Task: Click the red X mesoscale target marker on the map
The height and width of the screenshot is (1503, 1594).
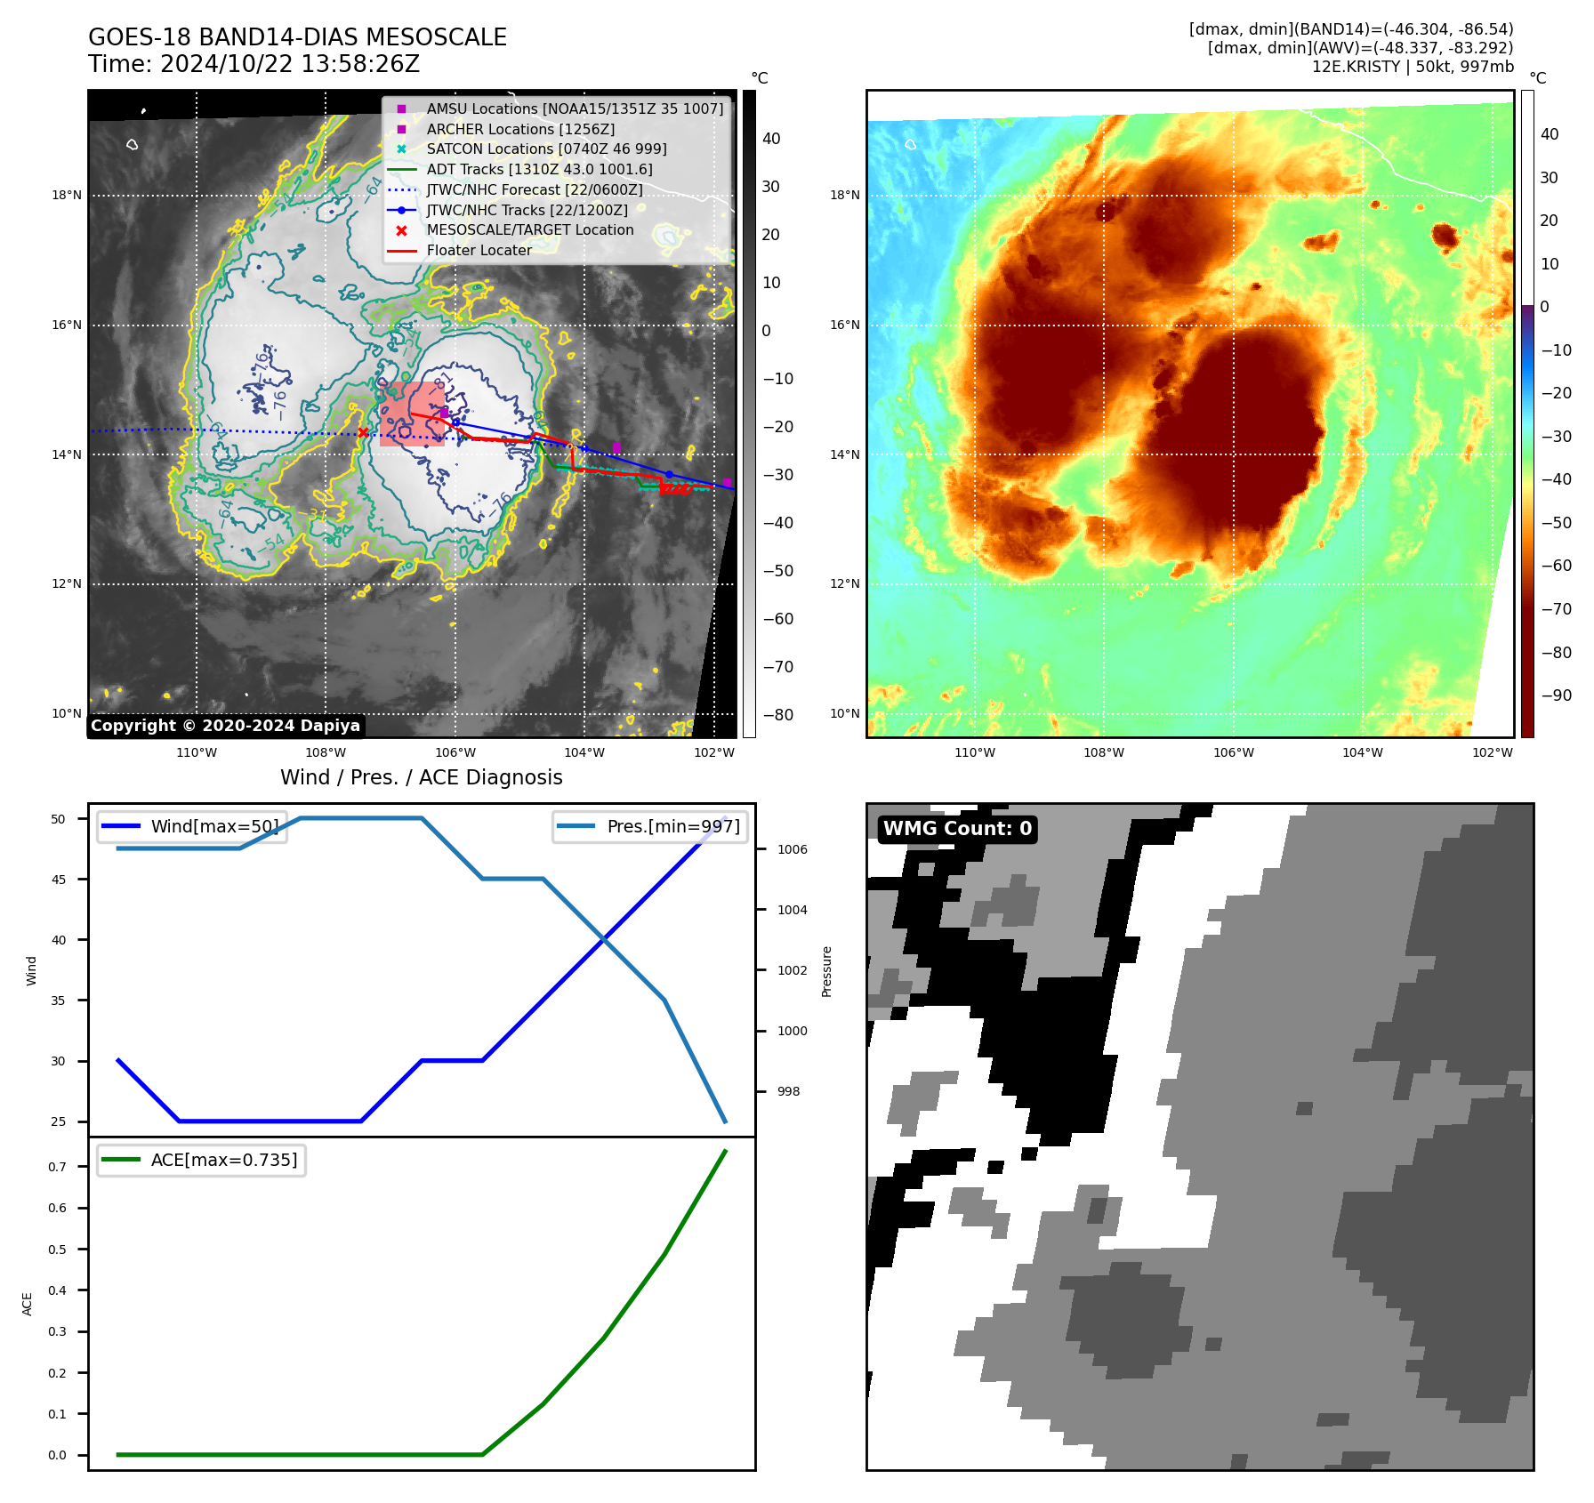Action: tap(363, 433)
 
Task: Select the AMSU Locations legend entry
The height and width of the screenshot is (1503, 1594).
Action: tap(575, 109)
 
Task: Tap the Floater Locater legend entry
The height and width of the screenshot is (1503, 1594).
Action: tap(479, 250)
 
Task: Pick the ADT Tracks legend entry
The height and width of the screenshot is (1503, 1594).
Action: tap(539, 169)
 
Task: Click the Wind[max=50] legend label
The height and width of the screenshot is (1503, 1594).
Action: tap(214, 826)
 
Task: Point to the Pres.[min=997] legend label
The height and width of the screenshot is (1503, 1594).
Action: tap(672, 826)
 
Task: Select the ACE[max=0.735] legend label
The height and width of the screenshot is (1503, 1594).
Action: tap(224, 1160)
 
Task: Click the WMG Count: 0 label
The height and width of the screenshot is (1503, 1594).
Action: tap(957, 829)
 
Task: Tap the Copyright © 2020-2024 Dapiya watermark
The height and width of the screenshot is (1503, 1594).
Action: tap(225, 726)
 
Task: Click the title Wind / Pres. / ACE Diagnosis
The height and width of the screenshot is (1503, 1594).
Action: tap(421, 777)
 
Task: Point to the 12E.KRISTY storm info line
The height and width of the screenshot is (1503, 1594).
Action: tap(1412, 67)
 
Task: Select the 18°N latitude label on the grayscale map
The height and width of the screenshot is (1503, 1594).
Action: tap(67, 196)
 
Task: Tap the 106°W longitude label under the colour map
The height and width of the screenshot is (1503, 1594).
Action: tap(1233, 752)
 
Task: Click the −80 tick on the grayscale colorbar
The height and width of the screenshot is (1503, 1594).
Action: tap(777, 715)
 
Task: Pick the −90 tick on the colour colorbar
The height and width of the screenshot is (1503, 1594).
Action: tap(1556, 695)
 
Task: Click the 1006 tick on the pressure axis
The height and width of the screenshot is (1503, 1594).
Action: tap(792, 849)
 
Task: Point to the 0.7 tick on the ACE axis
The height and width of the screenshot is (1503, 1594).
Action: tap(58, 1167)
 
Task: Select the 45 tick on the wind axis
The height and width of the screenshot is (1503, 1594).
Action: tap(59, 880)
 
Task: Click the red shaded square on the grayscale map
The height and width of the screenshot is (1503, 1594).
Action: tap(412, 414)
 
